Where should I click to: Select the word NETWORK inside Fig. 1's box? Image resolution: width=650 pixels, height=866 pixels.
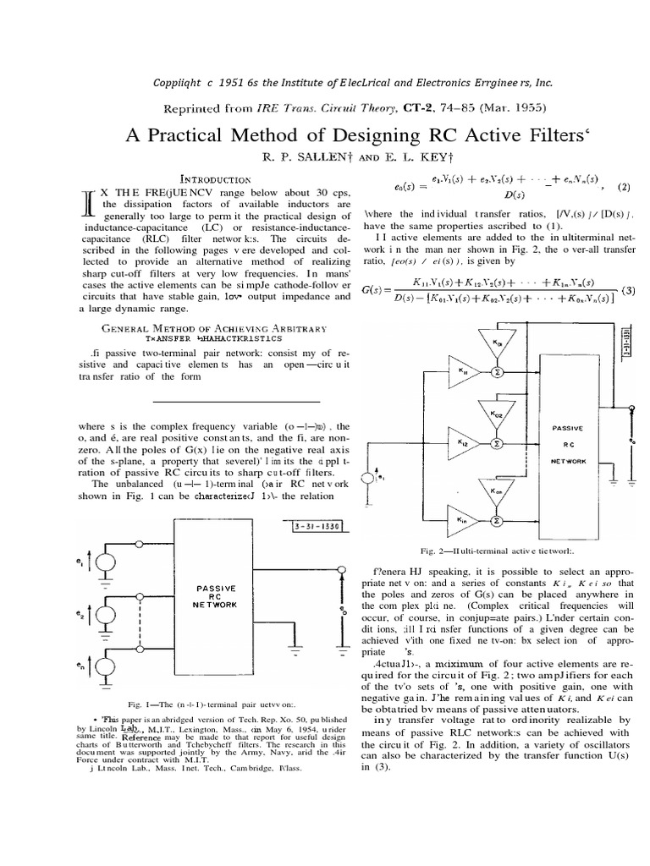click(x=211, y=606)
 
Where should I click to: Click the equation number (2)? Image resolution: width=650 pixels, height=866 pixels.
click(x=623, y=185)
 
